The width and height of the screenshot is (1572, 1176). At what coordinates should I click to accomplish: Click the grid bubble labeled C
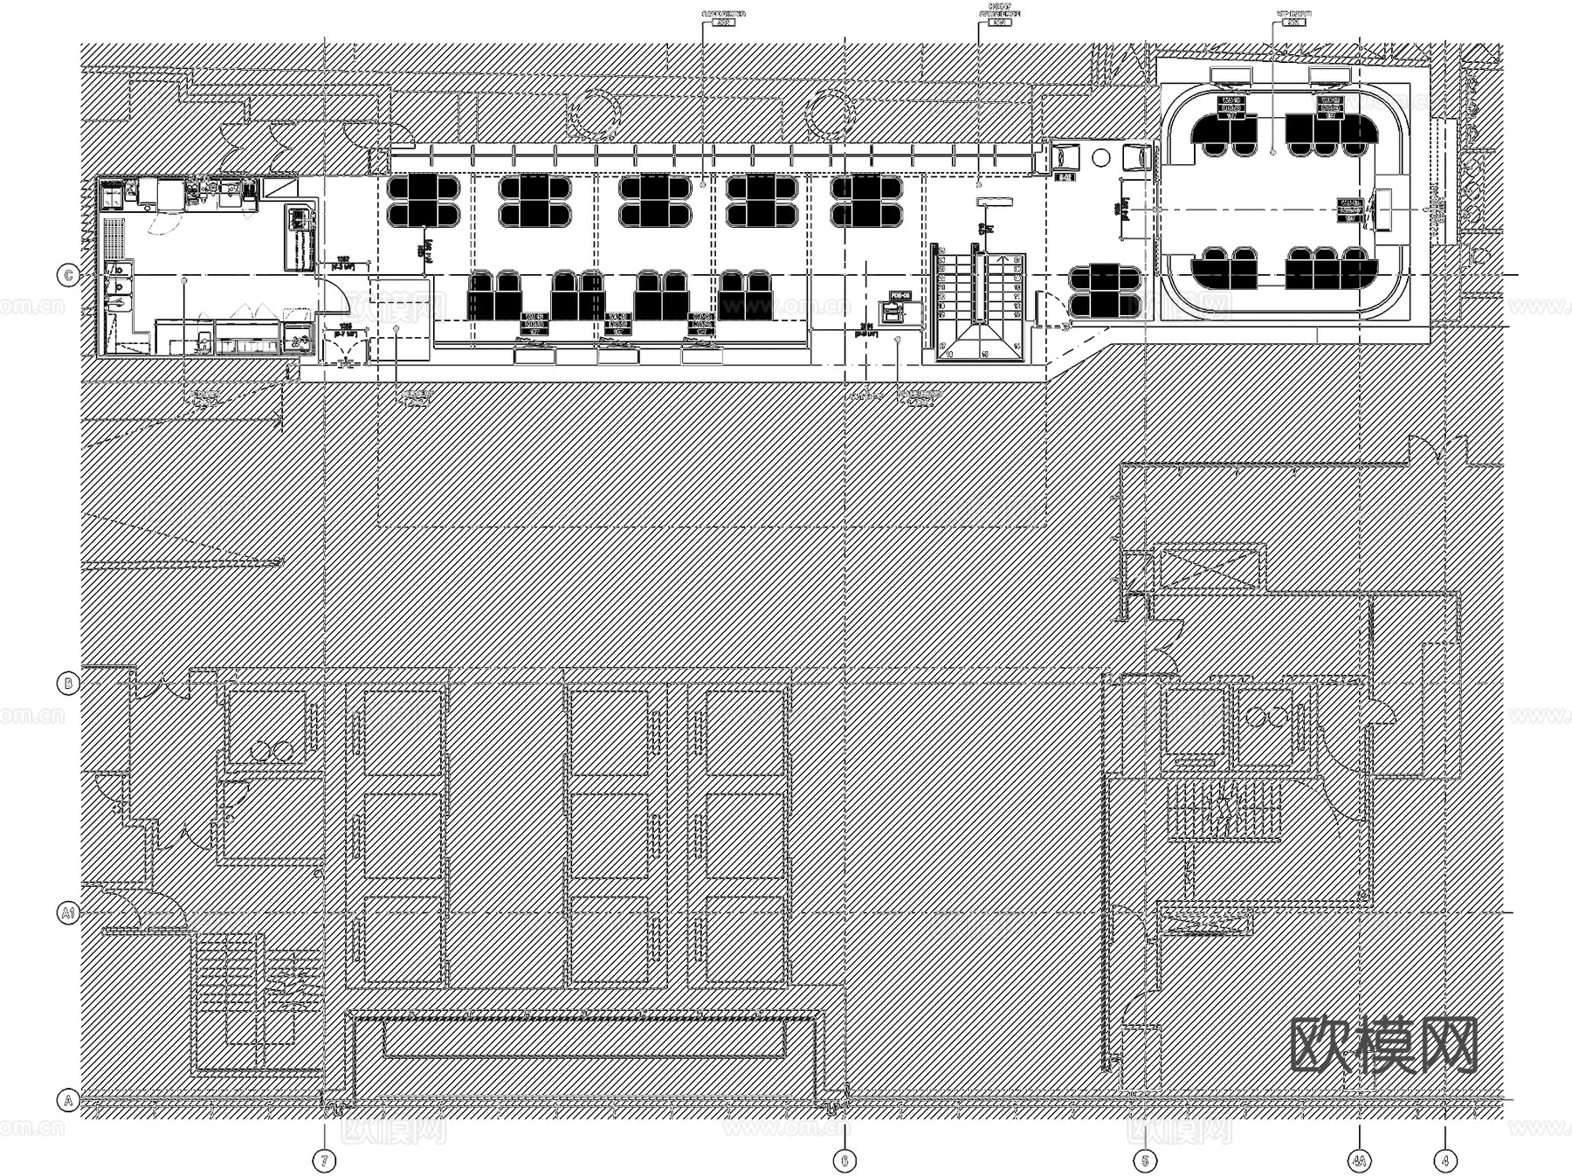pyautogui.click(x=68, y=276)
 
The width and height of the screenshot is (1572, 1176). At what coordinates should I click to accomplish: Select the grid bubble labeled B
pyautogui.click(x=68, y=683)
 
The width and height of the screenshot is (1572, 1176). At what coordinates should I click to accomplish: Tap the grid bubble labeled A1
pyautogui.click(x=68, y=913)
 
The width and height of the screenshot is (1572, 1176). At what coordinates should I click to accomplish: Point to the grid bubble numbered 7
pyautogui.click(x=325, y=1160)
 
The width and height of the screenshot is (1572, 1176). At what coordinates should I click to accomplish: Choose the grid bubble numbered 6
pyautogui.click(x=844, y=1160)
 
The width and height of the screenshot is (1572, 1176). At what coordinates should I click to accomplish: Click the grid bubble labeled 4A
pyautogui.click(x=1360, y=1160)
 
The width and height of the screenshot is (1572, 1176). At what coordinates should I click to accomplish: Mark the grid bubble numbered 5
pyautogui.click(x=1144, y=1160)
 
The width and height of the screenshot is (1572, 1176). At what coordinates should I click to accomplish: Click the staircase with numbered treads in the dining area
pyautogui.click(x=978, y=301)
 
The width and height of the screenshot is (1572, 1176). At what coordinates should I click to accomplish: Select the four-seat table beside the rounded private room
pyautogui.click(x=1103, y=291)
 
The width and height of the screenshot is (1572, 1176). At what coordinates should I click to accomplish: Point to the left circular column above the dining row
pyautogui.click(x=595, y=113)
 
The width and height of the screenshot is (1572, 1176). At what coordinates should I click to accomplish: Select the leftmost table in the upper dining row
pyautogui.click(x=424, y=201)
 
